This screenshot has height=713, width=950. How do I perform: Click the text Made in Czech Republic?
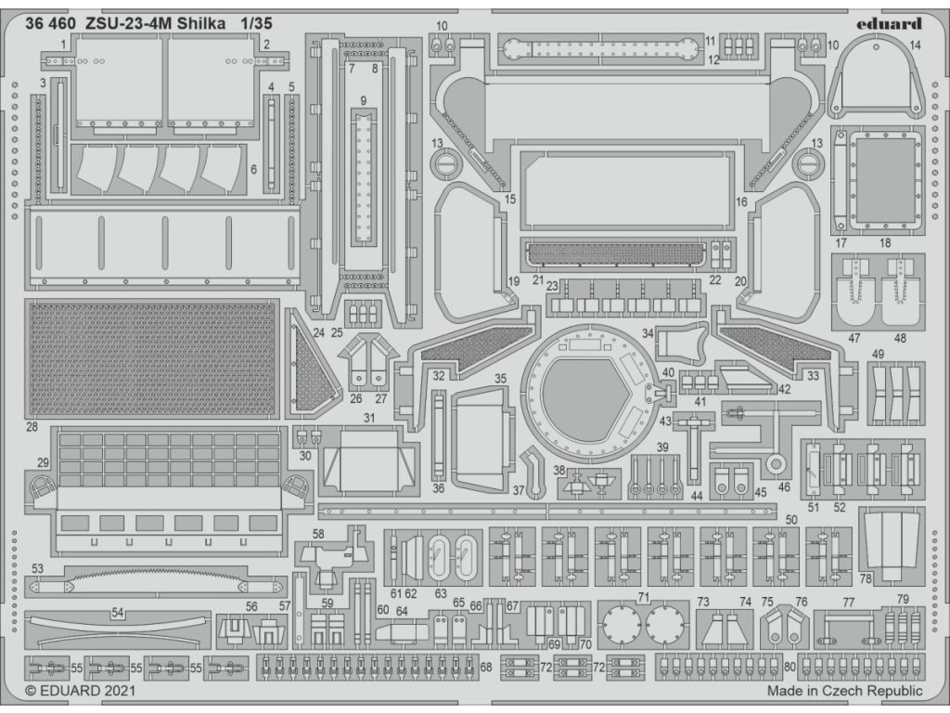[x=844, y=692]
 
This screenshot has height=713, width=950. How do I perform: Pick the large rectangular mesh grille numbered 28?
[x=152, y=358]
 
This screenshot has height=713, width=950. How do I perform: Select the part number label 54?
[x=118, y=613]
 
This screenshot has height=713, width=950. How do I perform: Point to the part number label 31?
[x=369, y=418]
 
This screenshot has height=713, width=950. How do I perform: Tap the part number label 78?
[x=865, y=578]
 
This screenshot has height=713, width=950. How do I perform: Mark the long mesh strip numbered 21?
[x=614, y=253]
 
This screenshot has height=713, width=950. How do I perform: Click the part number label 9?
[x=364, y=100]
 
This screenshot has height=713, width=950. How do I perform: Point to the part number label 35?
[x=500, y=379]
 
